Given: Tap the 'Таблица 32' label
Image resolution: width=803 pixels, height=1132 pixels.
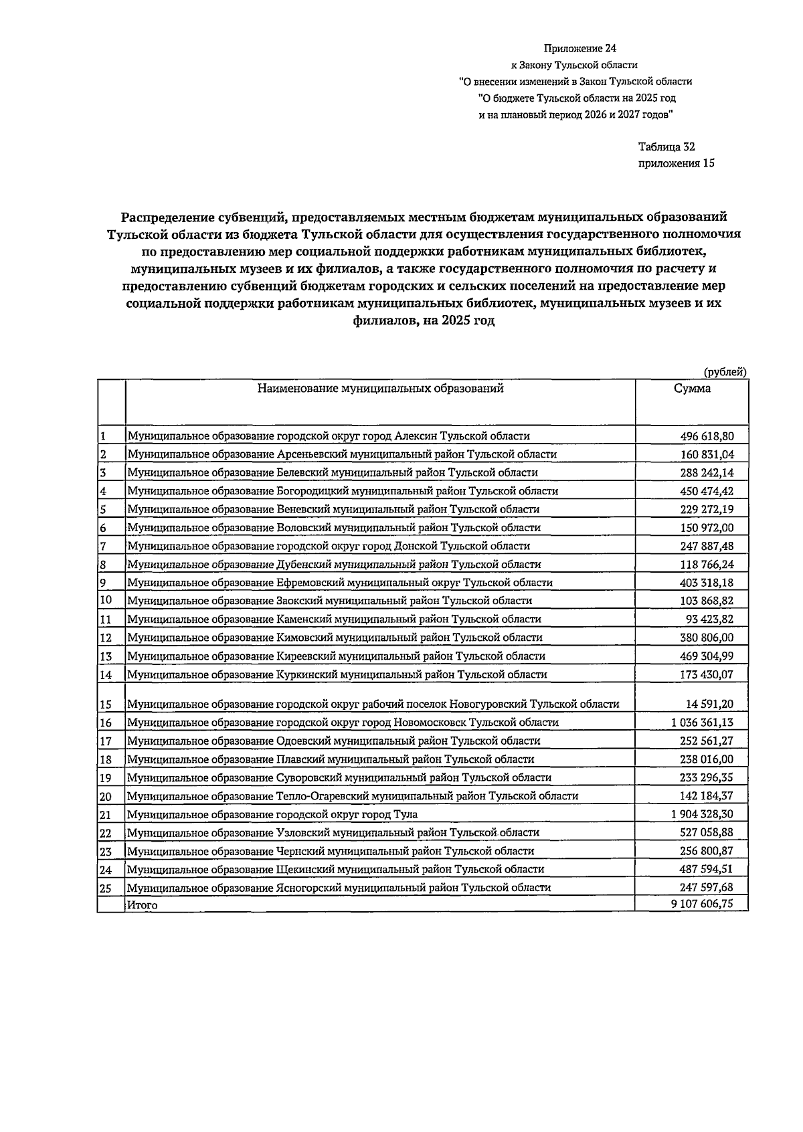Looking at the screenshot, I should click(666, 147).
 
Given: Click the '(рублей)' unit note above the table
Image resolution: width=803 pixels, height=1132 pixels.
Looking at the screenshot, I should click(725, 372).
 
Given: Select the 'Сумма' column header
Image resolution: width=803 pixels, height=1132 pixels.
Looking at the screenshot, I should click(692, 389).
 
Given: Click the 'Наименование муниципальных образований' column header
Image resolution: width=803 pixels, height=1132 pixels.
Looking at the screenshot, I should click(380, 388).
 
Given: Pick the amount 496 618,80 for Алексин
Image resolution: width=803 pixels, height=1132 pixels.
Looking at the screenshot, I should click(707, 436).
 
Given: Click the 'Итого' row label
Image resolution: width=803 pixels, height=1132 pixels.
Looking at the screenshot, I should click(142, 905).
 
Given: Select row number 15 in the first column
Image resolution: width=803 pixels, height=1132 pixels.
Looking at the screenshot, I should click(106, 704).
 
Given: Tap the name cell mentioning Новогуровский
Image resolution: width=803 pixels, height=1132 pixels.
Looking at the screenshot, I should click(373, 704).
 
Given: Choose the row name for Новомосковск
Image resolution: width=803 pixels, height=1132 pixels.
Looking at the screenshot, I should click(343, 723).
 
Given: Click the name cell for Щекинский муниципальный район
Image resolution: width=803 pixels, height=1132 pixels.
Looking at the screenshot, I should click(335, 869).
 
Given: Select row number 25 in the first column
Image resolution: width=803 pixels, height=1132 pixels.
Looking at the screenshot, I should click(106, 888).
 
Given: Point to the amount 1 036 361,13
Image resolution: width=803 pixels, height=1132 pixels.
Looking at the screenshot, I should click(702, 723).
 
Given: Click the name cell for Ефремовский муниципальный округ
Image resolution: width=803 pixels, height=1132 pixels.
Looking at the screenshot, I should click(340, 583).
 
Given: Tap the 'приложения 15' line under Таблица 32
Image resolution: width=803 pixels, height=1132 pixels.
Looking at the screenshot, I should click(676, 163).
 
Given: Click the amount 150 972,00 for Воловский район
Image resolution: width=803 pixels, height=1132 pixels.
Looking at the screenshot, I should click(707, 528).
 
